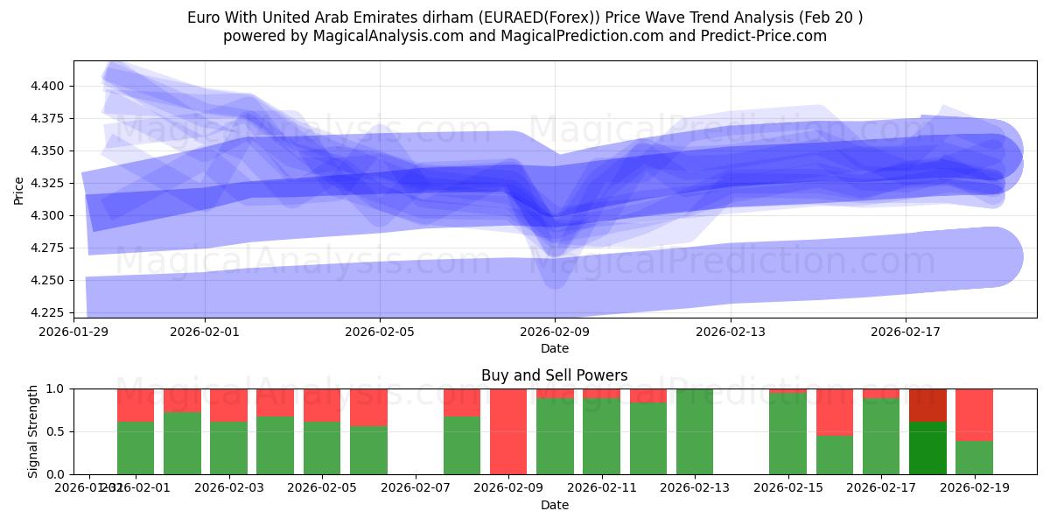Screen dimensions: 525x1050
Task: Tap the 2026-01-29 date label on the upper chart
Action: click(x=73, y=332)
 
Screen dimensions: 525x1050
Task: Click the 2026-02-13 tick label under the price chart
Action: click(x=730, y=332)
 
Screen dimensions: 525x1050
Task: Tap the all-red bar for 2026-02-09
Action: click(x=508, y=431)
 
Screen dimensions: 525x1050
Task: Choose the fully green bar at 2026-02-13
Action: click(x=695, y=431)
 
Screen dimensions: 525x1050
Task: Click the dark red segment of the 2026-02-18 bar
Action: click(x=927, y=404)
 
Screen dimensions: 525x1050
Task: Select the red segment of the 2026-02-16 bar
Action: click(x=835, y=411)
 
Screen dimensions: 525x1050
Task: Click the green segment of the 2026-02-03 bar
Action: click(x=228, y=448)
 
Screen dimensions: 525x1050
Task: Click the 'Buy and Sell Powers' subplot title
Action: click(x=555, y=375)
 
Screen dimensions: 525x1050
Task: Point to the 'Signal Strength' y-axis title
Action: click(x=32, y=431)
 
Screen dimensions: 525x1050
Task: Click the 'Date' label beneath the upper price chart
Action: click(x=555, y=348)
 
